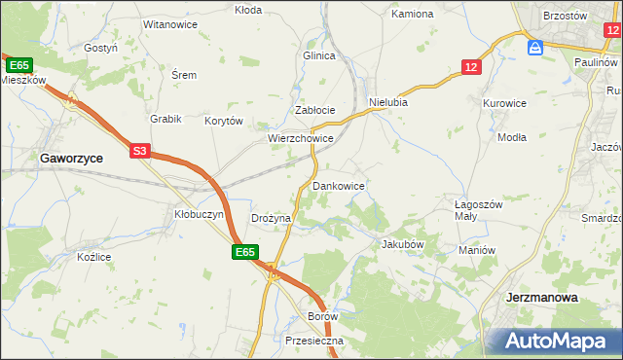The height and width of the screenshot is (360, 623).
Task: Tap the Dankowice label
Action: (x=338, y=185)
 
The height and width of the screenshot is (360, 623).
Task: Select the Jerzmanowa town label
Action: (x=543, y=298)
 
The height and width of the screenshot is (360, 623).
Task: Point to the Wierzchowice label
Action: (x=302, y=139)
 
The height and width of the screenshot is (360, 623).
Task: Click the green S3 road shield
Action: (x=140, y=151)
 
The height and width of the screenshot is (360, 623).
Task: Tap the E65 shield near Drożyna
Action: (x=244, y=252)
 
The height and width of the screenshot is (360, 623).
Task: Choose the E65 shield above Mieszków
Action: (x=18, y=64)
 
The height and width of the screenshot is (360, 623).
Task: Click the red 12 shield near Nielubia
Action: (x=471, y=66)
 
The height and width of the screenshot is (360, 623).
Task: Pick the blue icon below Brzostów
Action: (x=534, y=48)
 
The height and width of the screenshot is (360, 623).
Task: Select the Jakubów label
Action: (x=403, y=244)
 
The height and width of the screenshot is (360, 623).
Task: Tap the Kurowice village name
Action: (x=504, y=102)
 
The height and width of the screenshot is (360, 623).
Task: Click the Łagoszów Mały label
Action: (x=478, y=210)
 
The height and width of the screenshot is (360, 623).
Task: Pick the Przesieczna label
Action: (x=309, y=342)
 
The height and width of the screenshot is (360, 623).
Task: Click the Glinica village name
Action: (x=318, y=56)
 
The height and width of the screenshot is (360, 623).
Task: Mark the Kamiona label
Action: (x=412, y=15)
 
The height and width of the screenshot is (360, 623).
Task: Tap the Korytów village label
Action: (x=223, y=122)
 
